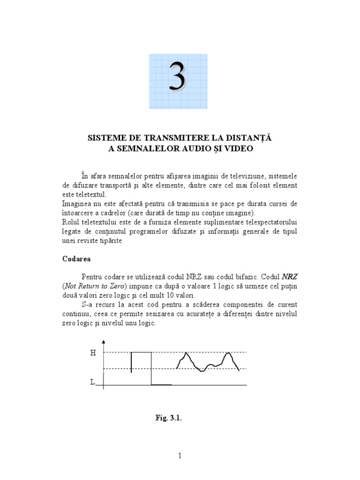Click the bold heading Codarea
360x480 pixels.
(76, 258)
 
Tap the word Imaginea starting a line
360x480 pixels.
(76, 204)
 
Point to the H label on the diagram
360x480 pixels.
(93, 353)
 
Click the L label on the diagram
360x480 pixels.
(92, 382)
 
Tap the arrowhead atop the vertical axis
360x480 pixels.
(104, 342)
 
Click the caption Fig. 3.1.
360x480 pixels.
(169, 418)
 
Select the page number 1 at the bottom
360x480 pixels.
(180, 456)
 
